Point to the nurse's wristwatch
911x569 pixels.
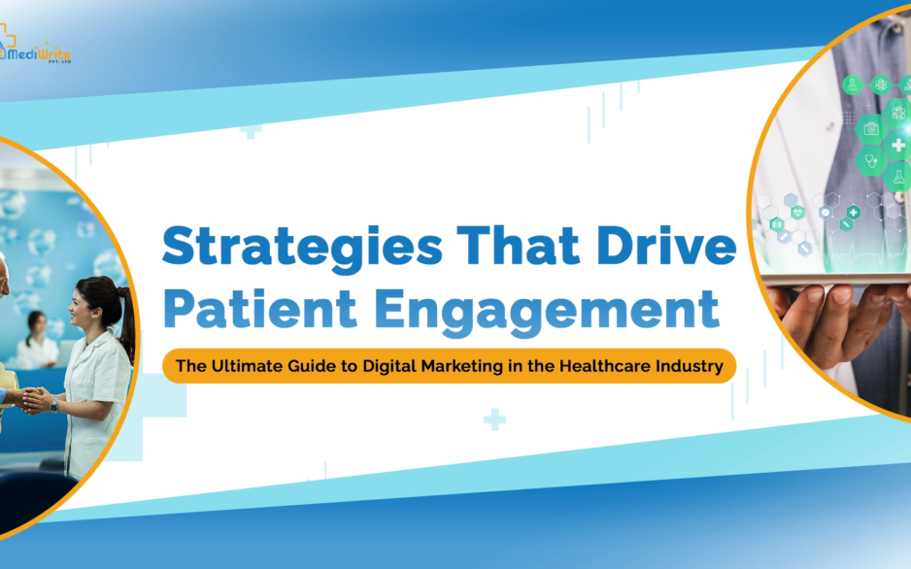(54, 404)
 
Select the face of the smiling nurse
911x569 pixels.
(81, 309)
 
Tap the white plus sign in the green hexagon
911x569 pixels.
(898, 146)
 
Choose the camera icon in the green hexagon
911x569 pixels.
(871, 128)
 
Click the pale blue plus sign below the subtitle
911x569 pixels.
(494, 420)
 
